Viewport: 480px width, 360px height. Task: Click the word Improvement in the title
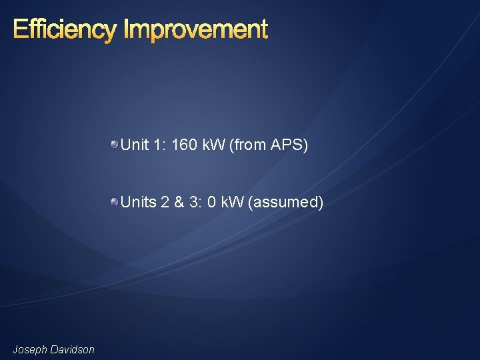196,30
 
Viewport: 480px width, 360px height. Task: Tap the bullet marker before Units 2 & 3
115,201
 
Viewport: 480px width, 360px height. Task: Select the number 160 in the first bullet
184,145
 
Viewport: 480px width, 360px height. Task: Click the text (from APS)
268,145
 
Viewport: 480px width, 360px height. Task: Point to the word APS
288,145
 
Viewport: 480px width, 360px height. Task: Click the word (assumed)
285,202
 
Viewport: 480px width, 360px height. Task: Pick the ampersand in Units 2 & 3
179,202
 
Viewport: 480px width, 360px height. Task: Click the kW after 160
213,145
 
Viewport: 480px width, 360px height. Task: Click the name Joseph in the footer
29,349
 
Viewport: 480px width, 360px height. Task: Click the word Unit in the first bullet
135,145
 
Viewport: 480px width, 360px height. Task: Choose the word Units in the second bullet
138,202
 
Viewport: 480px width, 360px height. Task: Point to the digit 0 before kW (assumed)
211,202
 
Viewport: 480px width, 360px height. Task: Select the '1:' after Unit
160,145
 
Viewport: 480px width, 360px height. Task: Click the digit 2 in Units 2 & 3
165,202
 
